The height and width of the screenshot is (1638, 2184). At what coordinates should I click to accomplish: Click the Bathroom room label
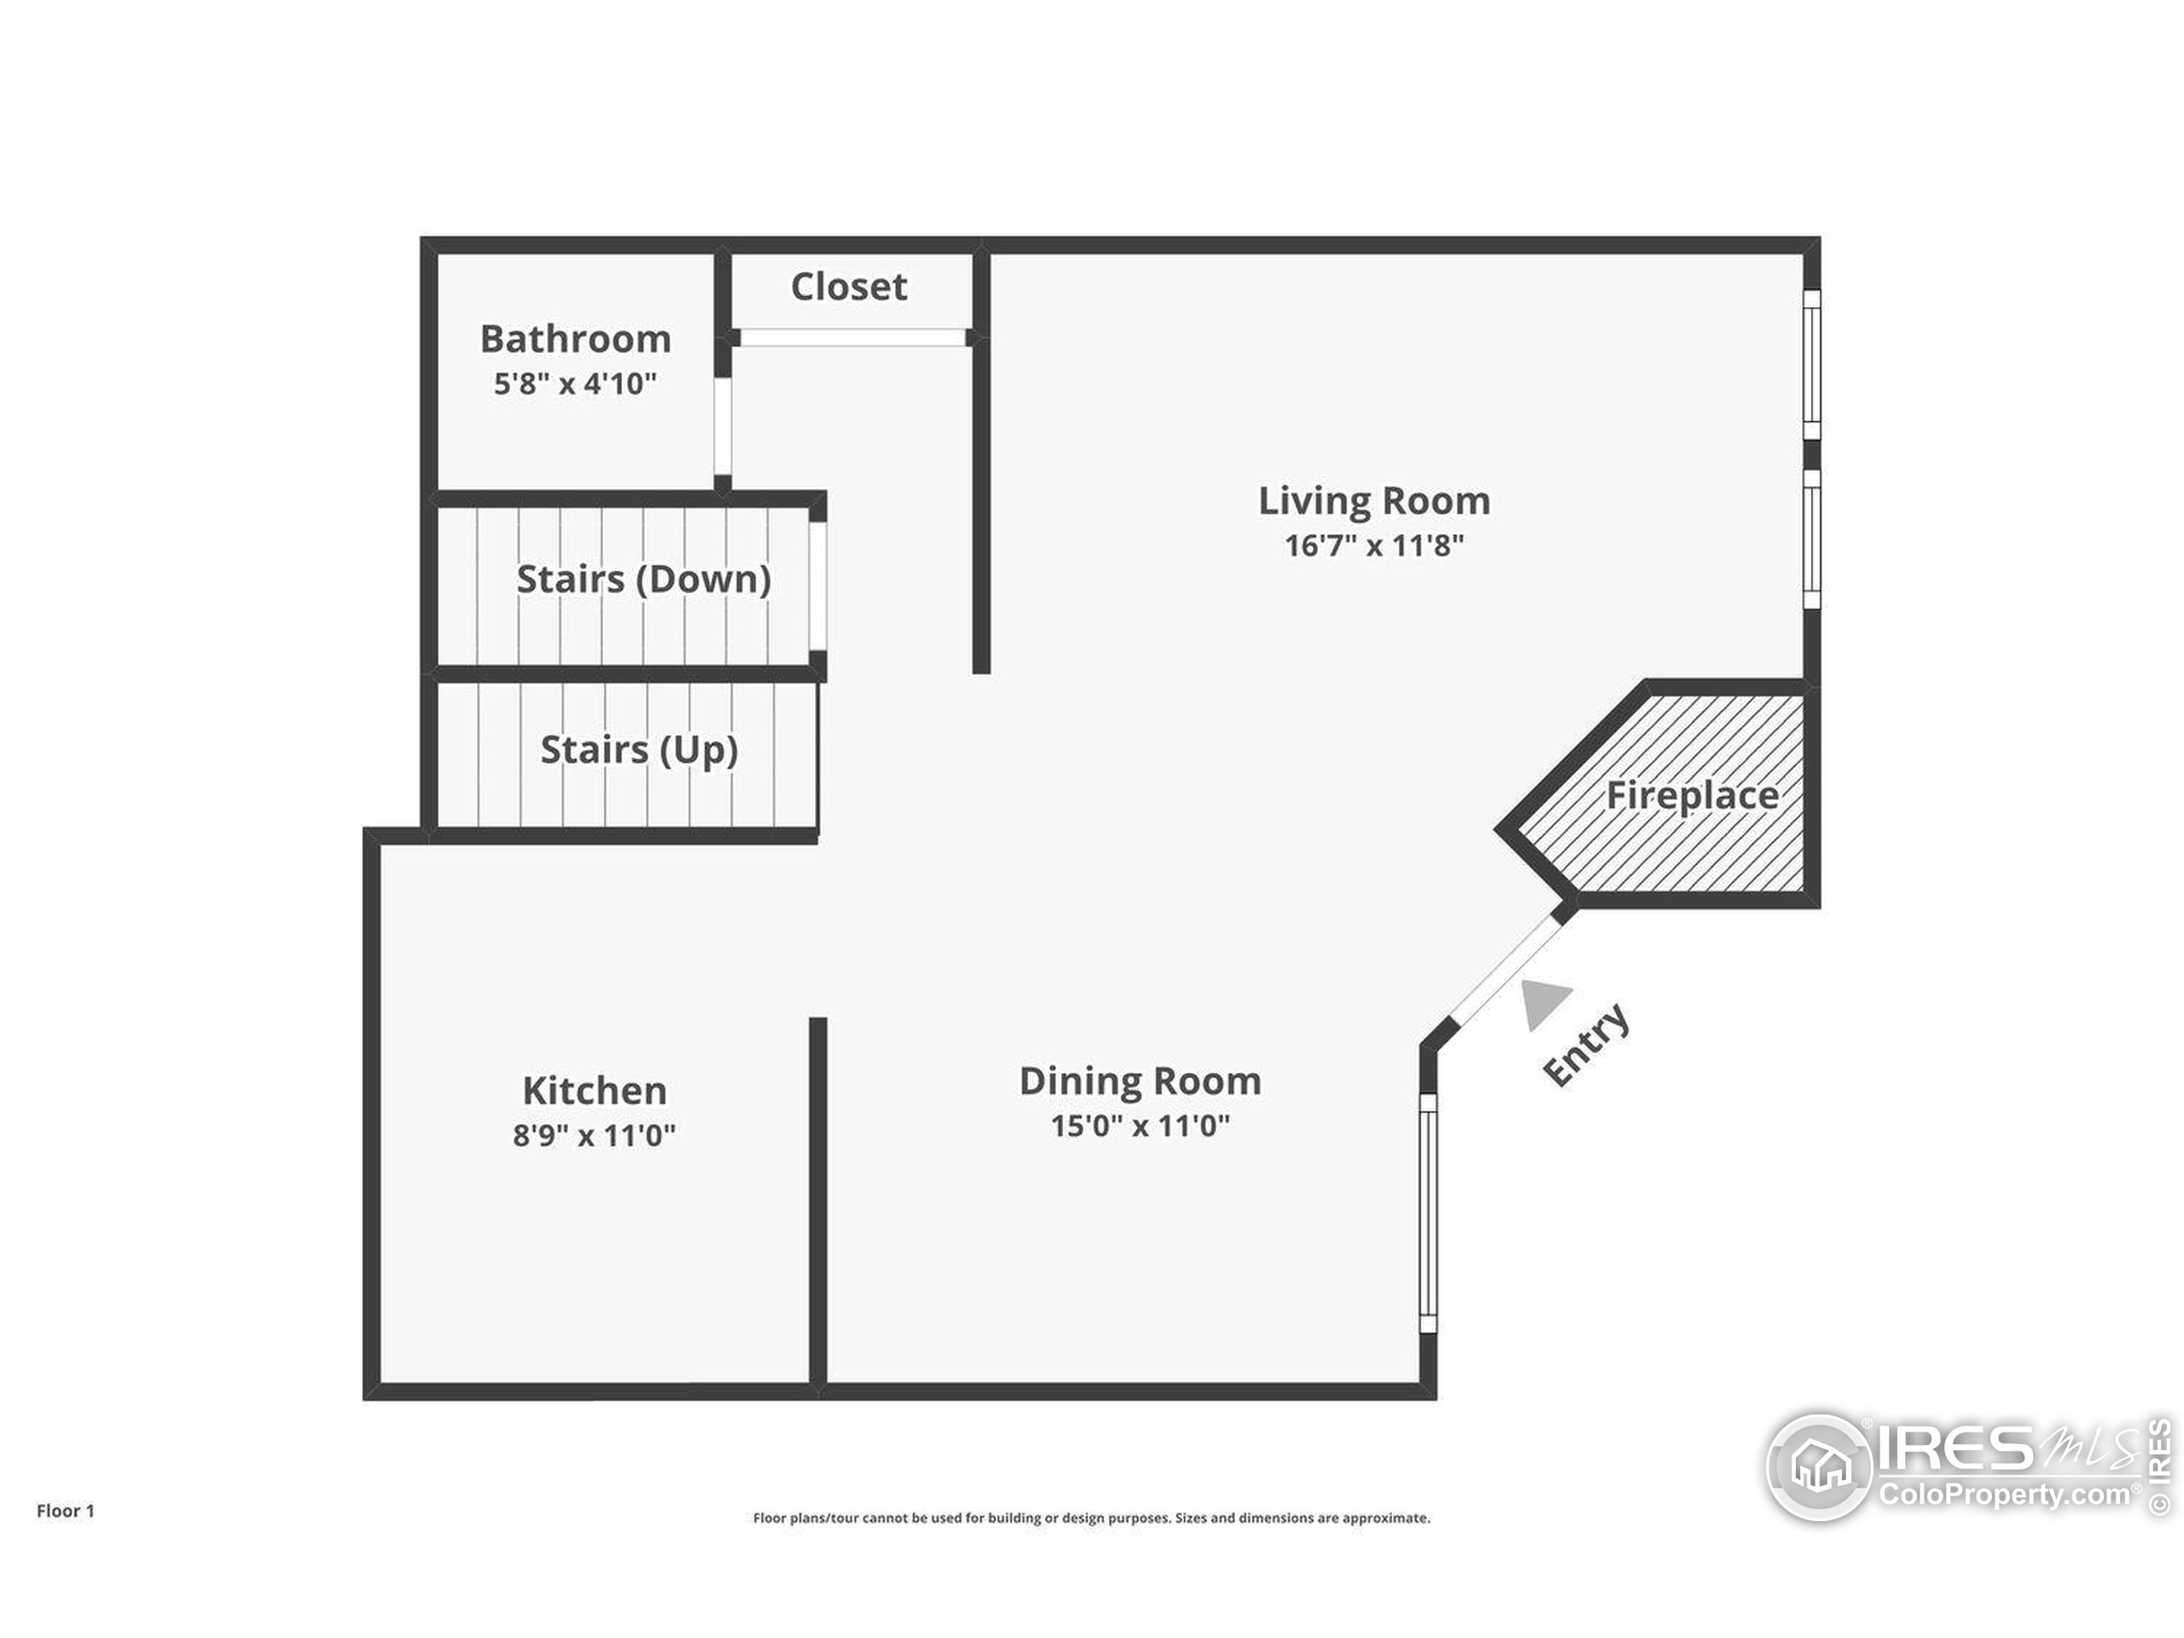[x=576, y=339]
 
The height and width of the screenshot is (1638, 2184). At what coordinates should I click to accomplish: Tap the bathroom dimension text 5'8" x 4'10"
[x=575, y=384]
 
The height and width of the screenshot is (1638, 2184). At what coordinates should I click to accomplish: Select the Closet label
[x=848, y=288]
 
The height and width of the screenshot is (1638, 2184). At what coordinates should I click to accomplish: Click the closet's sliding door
[x=852, y=338]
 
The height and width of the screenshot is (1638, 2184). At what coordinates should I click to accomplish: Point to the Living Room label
[x=1374, y=501]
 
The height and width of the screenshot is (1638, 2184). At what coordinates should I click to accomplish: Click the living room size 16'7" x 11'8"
[x=1374, y=545]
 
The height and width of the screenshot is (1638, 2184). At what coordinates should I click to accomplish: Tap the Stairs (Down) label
[x=642, y=579]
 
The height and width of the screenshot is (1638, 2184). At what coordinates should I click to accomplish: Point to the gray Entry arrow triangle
[x=1542, y=1002]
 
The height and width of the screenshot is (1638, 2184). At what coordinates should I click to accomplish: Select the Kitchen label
[x=595, y=1091]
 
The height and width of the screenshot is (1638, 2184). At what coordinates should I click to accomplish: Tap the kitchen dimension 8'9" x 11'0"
[x=594, y=1136]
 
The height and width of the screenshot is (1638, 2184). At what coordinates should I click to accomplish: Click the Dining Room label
[x=1140, y=1081]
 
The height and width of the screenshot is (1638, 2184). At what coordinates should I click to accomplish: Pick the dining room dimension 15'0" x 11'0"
[x=1140, y=1125]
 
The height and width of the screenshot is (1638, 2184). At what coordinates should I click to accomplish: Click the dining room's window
[x=1427, y=1213]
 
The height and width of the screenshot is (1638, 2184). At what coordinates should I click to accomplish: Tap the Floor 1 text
[x=65, y=1511]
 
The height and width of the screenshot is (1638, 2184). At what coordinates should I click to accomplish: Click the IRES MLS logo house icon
[x=1820, y=1467]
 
